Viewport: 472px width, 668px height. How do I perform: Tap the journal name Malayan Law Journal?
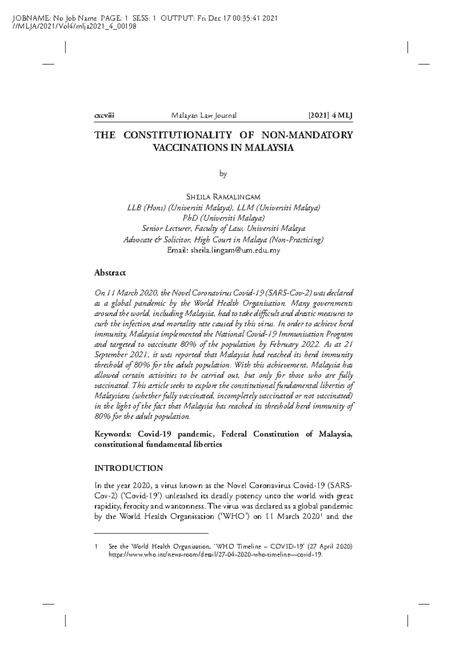(x=204, y=116)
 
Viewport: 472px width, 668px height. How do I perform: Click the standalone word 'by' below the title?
(x=223, y=173)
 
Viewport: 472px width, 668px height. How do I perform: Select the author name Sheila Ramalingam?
(x=223, y=196)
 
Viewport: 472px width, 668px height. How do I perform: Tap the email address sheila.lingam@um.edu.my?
(x=235, y=250)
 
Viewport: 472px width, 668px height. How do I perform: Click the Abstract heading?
(x=110, y=272)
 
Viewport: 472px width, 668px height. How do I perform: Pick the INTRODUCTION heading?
(x=129, y=468)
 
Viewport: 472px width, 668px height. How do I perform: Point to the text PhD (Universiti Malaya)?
(x=223, y=218)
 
